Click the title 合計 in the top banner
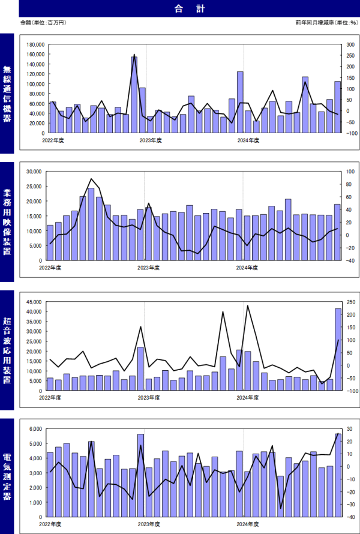click(181, 8)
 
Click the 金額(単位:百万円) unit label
click(43, 23)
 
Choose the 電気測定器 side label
click(7, 474)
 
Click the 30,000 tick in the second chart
click(34, 172)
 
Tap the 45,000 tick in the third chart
click(34, 302)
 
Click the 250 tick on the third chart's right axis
click(349, 302)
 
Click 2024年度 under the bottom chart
click(248, 524)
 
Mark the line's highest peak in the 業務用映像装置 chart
click(91, 179)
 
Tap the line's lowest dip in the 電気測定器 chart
click(281, 508)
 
